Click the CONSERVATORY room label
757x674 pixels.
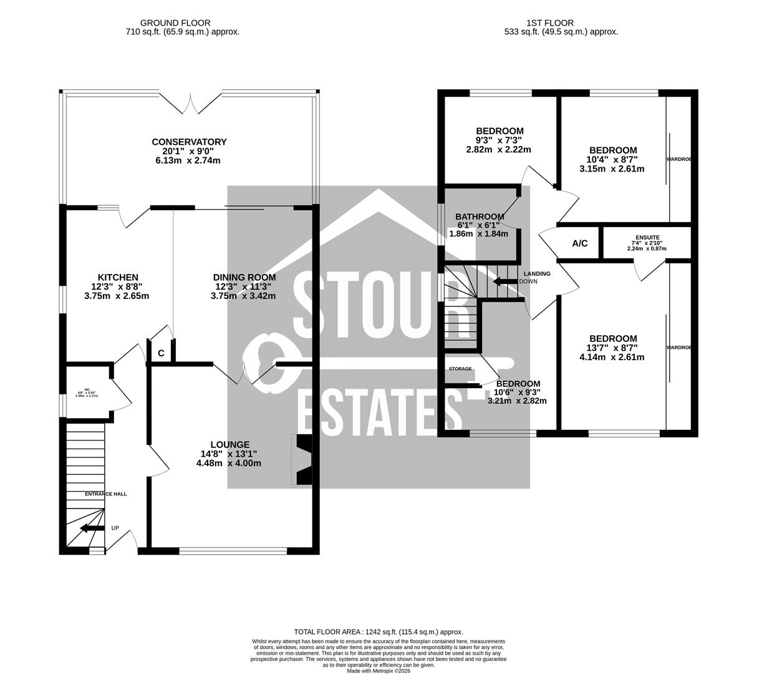189,142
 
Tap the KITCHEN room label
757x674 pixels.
118,278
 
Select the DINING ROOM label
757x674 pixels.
244,278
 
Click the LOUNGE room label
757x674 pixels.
229,445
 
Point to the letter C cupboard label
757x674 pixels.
161,353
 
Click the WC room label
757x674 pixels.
79,389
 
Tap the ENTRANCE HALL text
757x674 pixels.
106,494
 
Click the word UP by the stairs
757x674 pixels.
115,528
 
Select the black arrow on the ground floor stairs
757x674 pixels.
91,529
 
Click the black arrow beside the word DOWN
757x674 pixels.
504,281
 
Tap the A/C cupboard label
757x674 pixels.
580,243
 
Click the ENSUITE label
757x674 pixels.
646,237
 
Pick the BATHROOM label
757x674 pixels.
480,217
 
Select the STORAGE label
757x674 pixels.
460,369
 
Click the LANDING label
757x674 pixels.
537,274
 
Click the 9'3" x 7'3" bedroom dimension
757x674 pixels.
499,140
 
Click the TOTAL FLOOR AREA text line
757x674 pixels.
378,632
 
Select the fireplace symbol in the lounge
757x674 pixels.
302,459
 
